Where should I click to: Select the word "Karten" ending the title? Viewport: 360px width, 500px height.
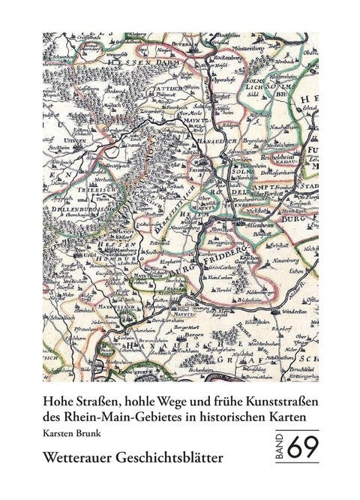tap(297, 418)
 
